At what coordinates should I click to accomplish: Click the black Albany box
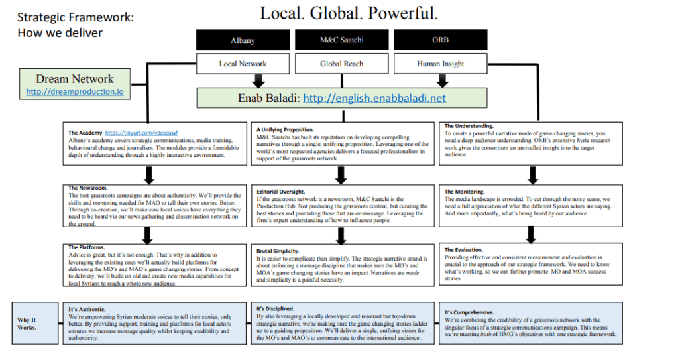[243, 40]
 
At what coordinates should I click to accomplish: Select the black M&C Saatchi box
[342, 40]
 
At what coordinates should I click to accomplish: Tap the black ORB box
[441, 40]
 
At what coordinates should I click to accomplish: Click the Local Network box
[243, 64]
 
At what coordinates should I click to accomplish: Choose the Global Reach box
[342, 64]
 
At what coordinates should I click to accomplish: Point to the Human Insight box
[441, 64]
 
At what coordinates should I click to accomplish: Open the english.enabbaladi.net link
[374, 99]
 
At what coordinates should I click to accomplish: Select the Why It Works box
[27, 323]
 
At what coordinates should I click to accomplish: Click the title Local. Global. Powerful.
[349, 13]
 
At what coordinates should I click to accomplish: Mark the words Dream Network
[74, 79]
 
